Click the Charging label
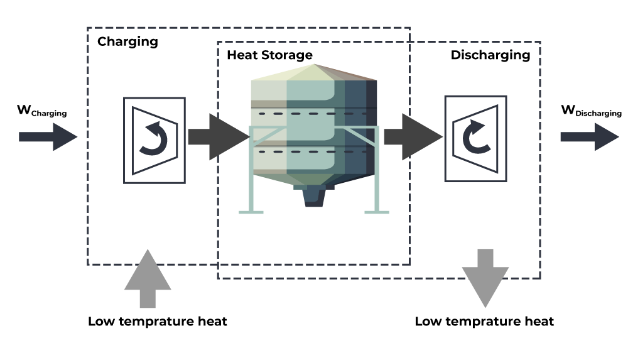point(127,42)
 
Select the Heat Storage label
point(269,55)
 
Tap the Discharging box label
point(490,55)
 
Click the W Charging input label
point(41,112)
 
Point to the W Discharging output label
point(591,112)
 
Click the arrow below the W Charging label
point(47,136)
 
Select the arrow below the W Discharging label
point(589,136)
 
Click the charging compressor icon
point(154,139)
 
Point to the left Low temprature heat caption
point(157,322)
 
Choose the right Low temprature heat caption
point(484,322)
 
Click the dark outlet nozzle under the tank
point(314,197)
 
